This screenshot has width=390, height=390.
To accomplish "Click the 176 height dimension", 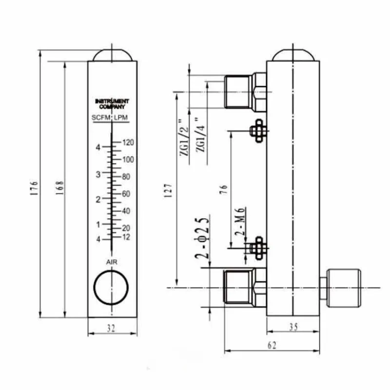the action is pos(34,188).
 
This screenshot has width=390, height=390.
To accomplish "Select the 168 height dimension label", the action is pos(59,188).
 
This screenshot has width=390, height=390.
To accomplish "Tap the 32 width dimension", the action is pos(111,328).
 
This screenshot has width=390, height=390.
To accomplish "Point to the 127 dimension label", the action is pos(168,190).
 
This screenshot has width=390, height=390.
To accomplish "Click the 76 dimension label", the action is pos(224,190).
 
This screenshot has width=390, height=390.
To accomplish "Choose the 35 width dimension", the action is pos(293,327).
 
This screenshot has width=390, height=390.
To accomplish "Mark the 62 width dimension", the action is pos(272,345).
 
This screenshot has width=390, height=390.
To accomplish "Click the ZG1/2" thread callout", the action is pos(184,137).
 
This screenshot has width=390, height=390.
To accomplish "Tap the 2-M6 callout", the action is pos(240,221).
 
